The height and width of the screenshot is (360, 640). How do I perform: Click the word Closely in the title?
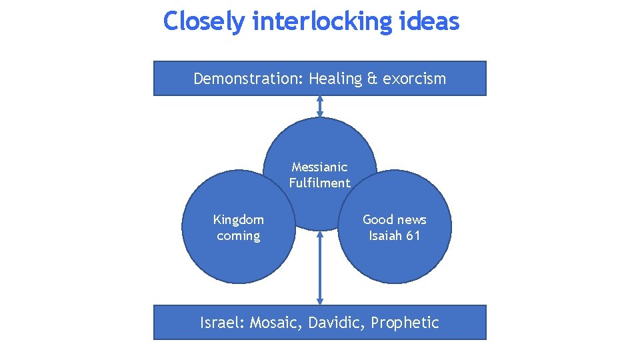tap(205, 21)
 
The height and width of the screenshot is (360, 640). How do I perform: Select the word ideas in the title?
tap(430, 21)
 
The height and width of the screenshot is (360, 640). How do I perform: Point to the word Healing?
tap(335, 79)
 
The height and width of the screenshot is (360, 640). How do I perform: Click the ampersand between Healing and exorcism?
tap(372, 79)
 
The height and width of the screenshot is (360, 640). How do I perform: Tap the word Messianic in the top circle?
tap(319, 167)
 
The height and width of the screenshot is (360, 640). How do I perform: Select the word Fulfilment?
tap(319, 183)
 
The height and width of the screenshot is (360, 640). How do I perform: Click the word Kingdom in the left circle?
tap(238, 219)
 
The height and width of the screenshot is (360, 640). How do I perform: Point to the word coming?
tap(238, 235)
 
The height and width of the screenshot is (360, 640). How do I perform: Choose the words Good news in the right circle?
tap(394, 219)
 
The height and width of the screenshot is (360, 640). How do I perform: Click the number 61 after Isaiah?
tap(413, 235)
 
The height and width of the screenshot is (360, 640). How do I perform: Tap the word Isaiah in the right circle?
tap(385, 235)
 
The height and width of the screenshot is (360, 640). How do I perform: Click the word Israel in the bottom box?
tap(223, 323)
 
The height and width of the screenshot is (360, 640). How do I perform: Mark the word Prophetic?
tap(405, 323)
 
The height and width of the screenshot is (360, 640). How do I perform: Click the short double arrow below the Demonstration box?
tap(320, 107)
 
